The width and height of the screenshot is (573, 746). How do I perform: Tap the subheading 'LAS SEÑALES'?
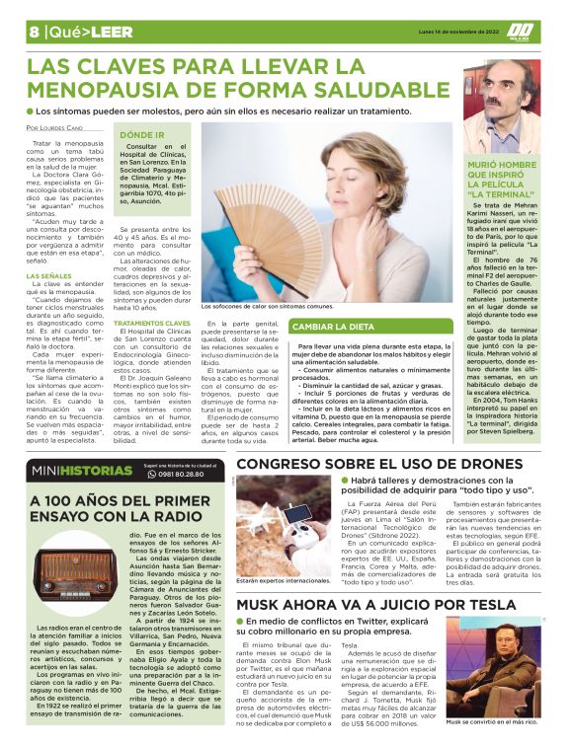(47, 275)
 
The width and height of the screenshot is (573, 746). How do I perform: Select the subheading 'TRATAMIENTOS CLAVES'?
(151, 322)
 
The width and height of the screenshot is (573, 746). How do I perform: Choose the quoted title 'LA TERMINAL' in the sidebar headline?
(503, 194)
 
